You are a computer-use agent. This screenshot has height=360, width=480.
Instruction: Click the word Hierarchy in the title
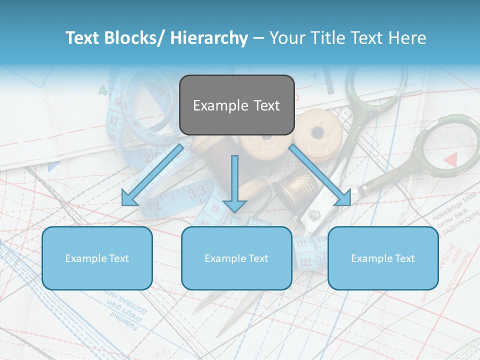[x=209, y=38]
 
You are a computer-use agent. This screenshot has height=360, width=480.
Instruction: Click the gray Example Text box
[x=236, y=105]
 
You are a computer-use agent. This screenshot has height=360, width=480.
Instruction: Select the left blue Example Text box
[x=97, y=258]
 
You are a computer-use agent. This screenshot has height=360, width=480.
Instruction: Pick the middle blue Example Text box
[x=236, y=258]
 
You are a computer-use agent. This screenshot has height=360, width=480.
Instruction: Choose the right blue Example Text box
[x=383, y=258]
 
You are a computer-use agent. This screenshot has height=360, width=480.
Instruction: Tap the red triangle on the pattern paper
[x=451, y=159]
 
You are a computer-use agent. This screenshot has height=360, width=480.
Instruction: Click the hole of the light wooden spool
[x=317, y=133]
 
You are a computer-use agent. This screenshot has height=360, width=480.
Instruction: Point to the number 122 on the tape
[x=304, y=262]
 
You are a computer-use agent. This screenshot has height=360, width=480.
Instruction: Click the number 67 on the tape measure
[x=115, y=121]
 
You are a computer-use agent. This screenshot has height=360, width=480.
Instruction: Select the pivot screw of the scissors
[x=314, y=215]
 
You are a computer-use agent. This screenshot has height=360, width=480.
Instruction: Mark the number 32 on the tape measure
[x=153, y=205]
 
